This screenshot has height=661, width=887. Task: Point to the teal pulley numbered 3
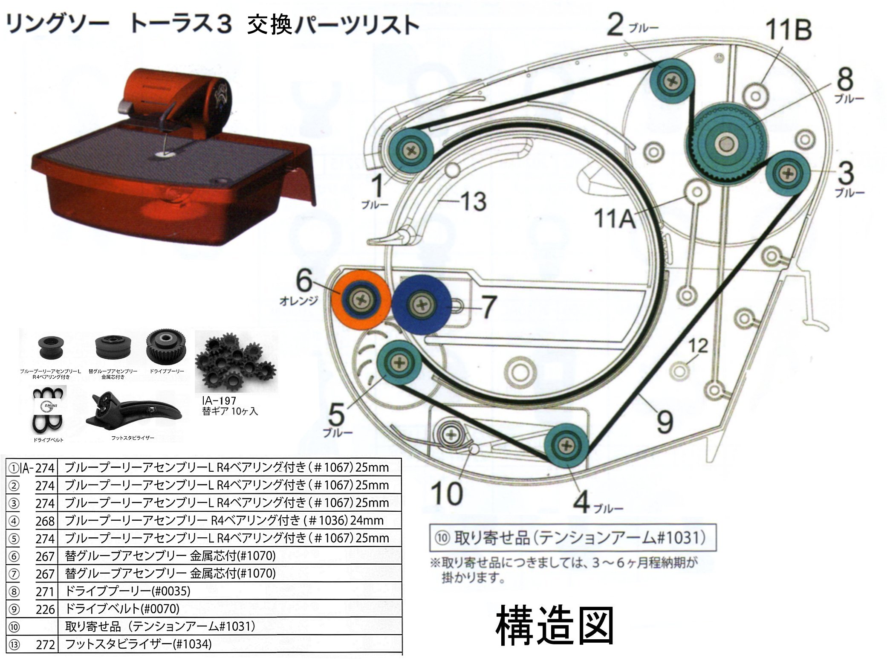pos(787,173)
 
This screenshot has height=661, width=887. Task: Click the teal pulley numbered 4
pos(566,446)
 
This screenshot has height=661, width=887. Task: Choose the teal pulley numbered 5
pos(399,363)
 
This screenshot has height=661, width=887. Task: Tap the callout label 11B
pos(788,30)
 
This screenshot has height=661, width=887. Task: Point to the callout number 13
pos(474,201)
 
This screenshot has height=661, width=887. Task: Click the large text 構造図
pos(554,626)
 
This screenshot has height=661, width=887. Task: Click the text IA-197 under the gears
pos(219,400)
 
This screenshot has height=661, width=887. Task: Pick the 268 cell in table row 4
pos(45,521)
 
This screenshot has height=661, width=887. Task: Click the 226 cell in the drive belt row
pos(45,609)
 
